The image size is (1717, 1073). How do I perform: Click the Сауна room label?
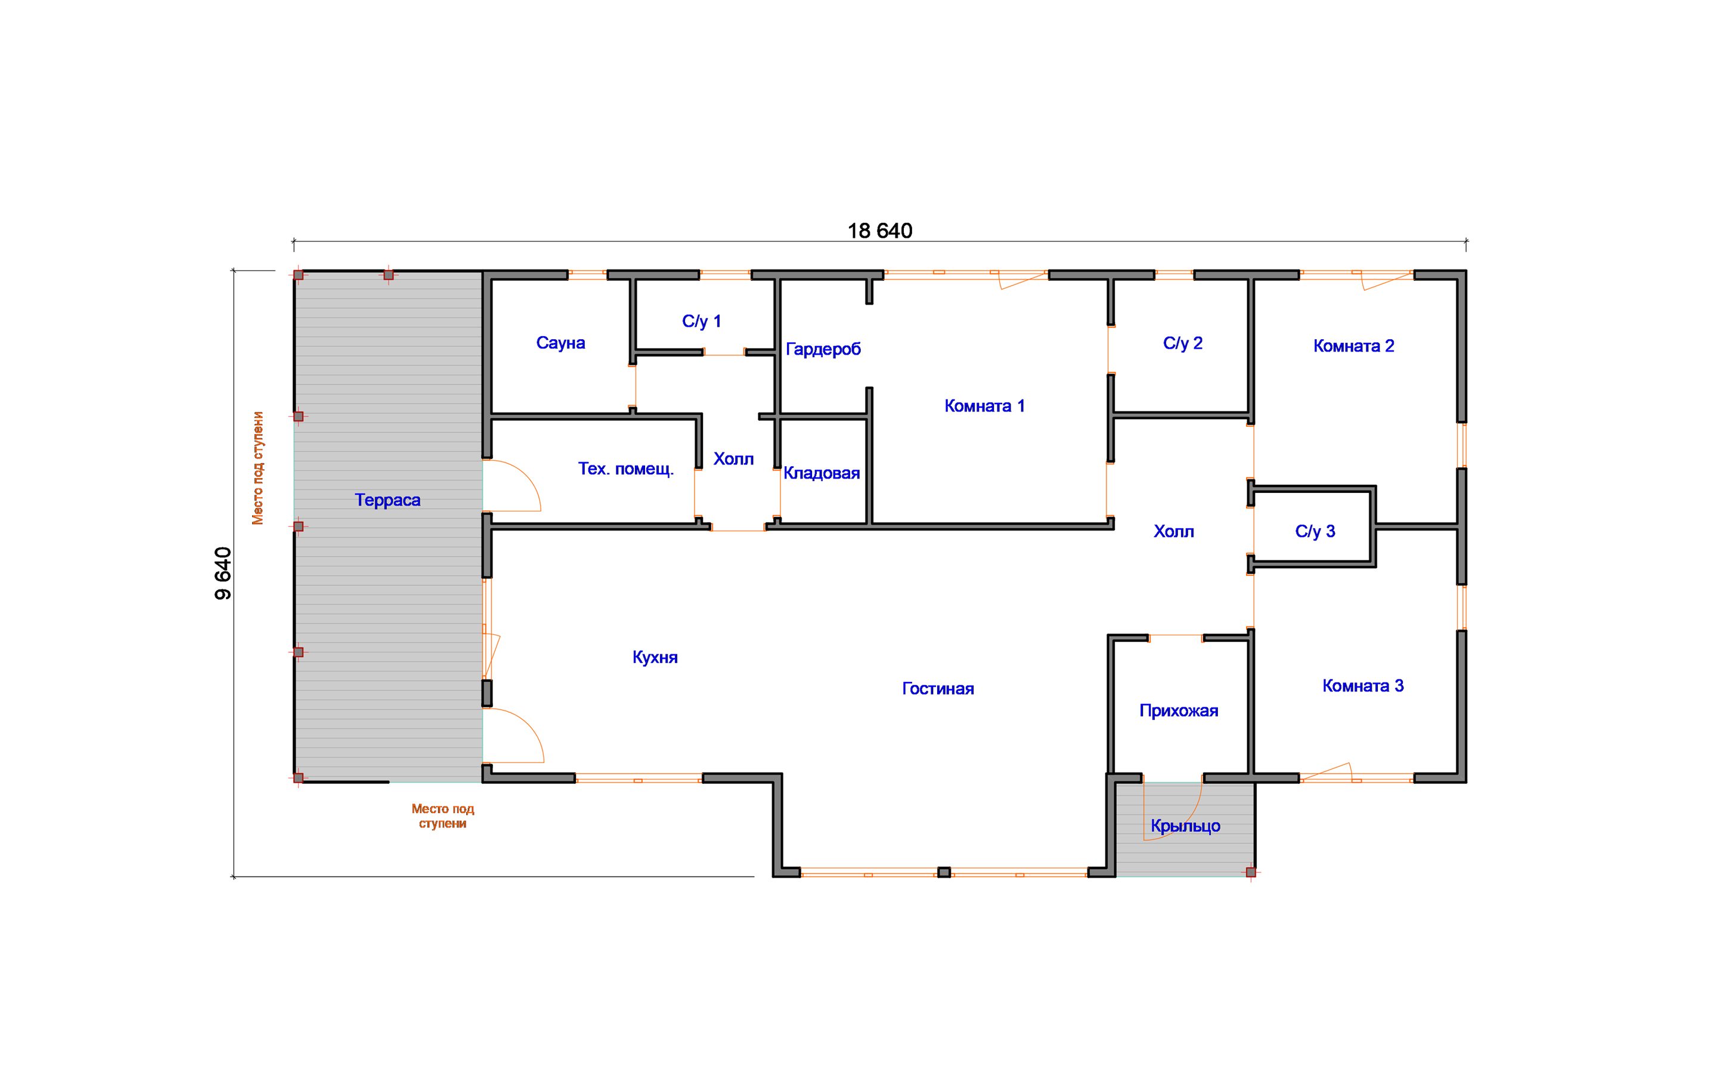pyautogui.click(x=560, y=343)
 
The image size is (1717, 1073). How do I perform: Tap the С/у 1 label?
pyautogui.click(x=702, y=321)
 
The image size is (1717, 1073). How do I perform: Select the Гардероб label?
pyautogui.click(x=823, y=349)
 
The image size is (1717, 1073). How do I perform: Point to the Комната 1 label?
pyautogui.click(x=984, y=406)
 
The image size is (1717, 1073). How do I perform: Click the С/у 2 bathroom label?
pyautogui.click(x=1183, y=343)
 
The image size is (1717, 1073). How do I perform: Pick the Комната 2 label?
pyautogui.click(x=1354, y=346)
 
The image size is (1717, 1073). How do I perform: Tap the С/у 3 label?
pyautogui.click(x=1315, y=532)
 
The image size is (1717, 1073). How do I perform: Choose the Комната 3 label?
pyautogui.click(x=1363, y=686)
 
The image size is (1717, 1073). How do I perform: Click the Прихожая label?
pyautogui.click(x=1179, y=711)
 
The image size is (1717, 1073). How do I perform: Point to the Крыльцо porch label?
pyautogui.click(x=1186, y=826)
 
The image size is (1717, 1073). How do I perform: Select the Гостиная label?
pyautogui.click(x=938, y=689)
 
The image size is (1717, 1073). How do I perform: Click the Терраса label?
pyautogui.click(x=388, y=500)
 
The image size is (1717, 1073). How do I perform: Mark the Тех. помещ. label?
pyautogui.click(x=626, y=469)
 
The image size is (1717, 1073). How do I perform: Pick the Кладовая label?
pyautogui.click(x=822, y=473)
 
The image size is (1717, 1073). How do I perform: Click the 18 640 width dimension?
pyautogui.click(x=880, y=231)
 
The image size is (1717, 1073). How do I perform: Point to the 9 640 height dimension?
pyautogui.click(x=223, y=573)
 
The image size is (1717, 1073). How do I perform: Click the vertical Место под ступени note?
pyautogui.click(x=258, y=469)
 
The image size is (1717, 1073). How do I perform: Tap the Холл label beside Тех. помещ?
pyautogui.click(x=734, y=459)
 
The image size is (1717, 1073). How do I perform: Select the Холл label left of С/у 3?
pyautogui.click(x=1173, y=532)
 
